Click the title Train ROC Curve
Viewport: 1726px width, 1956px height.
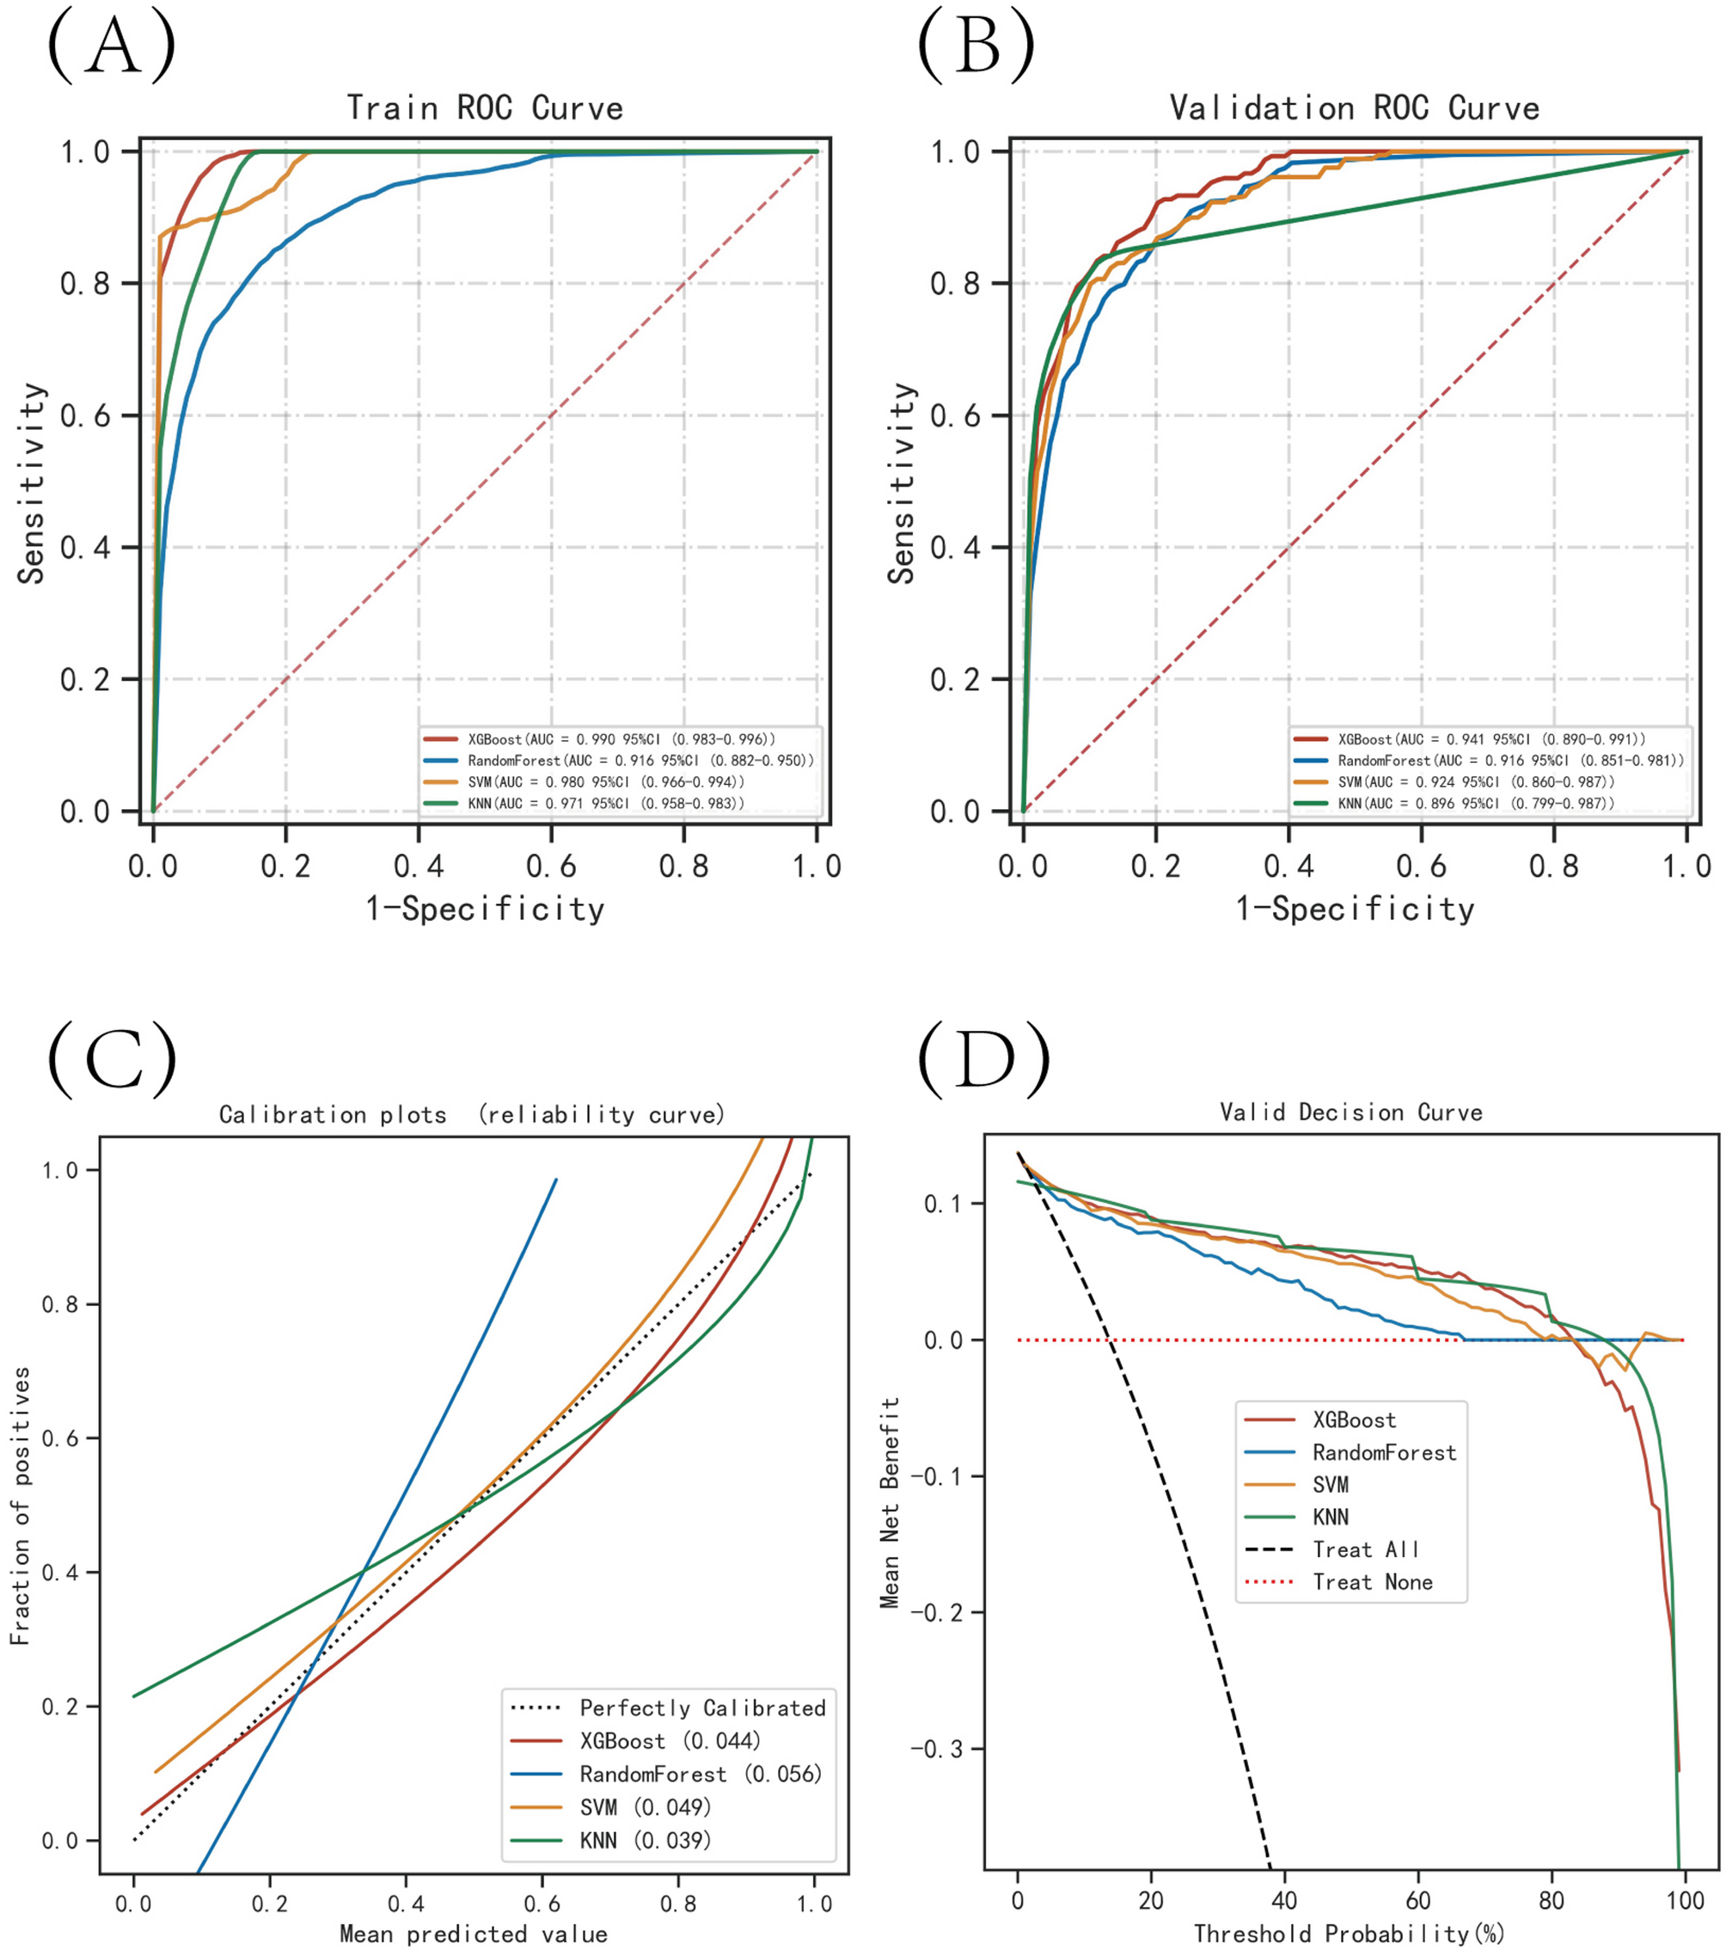tap(484, 107)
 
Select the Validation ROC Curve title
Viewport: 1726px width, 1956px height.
tap(1354, 107)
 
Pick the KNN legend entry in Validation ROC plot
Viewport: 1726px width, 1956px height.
tap(1474, 803)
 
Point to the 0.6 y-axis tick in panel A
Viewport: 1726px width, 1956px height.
tap(85, 415)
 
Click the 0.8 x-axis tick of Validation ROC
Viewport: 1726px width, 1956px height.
tap(1553, 866)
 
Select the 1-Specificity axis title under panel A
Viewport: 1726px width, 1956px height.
tap(484, 908)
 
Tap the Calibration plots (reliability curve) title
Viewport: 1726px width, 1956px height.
tap(472, 1115)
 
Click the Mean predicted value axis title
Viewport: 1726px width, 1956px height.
tap(473, 1934)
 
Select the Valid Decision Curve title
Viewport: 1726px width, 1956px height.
tap(1351, 1112)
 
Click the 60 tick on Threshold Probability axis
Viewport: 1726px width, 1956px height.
tap(1418, 1899)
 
